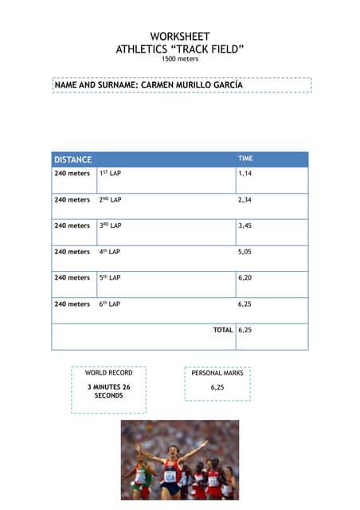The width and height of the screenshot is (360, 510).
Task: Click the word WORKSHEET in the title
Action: coord(180,37)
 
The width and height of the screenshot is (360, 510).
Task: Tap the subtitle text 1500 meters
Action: coord(180,59)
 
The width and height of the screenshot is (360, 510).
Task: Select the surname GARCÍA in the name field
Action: coord(225,84)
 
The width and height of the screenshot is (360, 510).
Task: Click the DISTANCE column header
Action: coord(72,159)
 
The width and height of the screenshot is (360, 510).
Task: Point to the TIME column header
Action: coord(245,159)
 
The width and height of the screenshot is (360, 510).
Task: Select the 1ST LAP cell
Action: coord(110,173)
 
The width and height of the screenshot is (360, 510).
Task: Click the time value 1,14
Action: coord(245,173)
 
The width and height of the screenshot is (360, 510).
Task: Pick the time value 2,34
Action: coord(245,199)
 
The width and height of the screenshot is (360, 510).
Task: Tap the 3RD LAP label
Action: coord(110,226)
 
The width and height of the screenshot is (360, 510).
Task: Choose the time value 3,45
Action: coord(245,226)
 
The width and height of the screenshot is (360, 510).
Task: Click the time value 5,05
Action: coord(245,252)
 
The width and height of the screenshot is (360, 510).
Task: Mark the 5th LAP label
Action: coord(110,278)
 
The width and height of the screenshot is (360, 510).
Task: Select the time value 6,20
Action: coord(245,278)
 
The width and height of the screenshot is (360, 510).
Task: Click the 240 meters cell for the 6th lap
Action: coord(72,304)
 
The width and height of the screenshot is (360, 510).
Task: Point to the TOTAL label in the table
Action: coord(223,330)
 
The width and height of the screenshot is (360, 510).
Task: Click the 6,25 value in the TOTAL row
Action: coord(245,330)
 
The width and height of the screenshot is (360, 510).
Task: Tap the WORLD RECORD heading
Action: coord(108,373)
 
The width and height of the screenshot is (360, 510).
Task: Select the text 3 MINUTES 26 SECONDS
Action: coord(108,391)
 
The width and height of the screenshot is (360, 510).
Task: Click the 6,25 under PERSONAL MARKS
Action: coord(217,387)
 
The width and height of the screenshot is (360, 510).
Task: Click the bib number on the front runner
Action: coord(170,477)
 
